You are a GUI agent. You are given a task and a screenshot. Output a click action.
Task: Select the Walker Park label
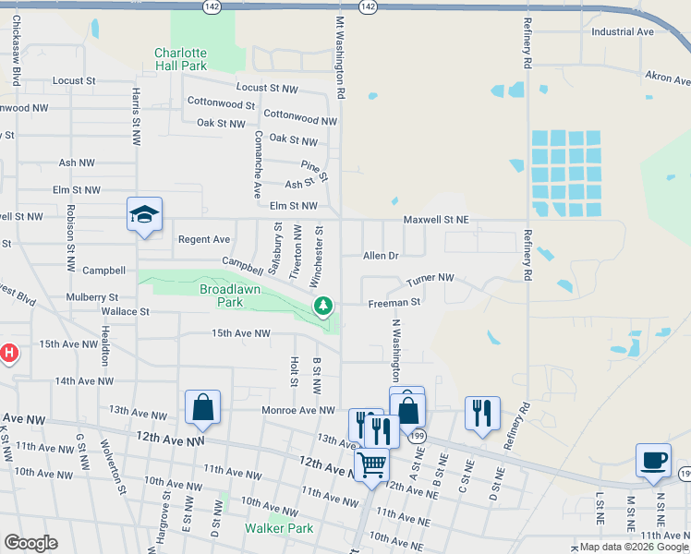(x=279, y=528)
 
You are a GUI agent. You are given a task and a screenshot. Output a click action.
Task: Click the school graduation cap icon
(x=144, y=215)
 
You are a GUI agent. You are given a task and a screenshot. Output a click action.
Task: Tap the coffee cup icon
(x=653, y=460)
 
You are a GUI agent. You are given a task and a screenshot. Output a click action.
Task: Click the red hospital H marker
(x=8, y=353)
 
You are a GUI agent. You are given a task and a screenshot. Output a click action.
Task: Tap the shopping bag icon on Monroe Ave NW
(x=202, y=407)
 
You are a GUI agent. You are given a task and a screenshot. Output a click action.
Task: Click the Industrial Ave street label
(x=623, y=31)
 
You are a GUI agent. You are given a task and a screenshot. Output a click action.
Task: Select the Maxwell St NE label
(x=436, y=220)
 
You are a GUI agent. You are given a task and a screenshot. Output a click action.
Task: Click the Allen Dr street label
(x=381, y=255)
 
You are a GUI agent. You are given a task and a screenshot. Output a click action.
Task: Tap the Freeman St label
(x=394, y=302)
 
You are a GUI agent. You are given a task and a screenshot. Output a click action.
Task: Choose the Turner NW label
(x=430, y=277)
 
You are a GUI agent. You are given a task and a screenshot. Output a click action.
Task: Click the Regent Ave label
(x=203, y=239)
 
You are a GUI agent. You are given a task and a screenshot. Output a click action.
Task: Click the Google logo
(x=30, y=542)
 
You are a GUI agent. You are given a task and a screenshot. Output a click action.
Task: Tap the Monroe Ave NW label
(x=298, y=410)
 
